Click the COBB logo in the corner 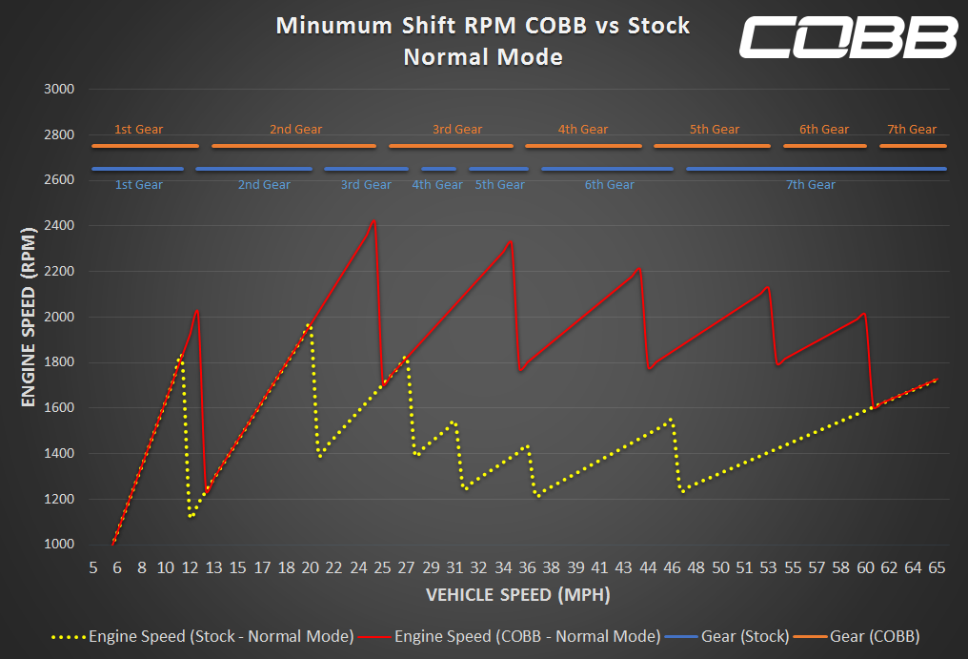tap(848, 37)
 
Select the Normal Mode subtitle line tap(483, 57)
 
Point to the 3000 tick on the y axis tap(59, 90)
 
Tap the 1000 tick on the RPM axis tap(59, 545)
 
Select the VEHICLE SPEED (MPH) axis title tap(517, 595)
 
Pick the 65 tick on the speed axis tap(937, 567)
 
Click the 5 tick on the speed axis tap(93, 567)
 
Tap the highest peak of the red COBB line tap(373, 220)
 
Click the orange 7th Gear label tap(911, 130)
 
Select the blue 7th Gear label tap(810, 185)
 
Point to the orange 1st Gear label tap(138, 130)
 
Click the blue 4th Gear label tap(437, 185)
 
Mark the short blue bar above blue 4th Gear tap(438, 169)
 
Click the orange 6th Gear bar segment tap(825, 146)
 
